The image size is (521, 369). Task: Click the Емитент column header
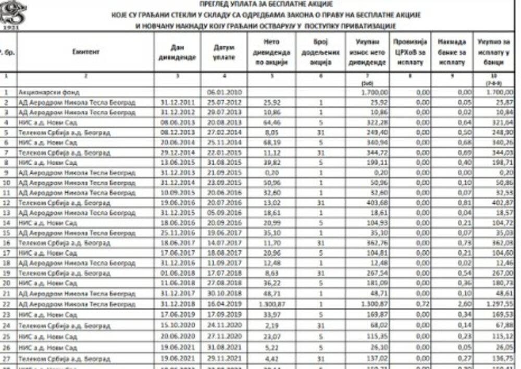(x=86, y=52)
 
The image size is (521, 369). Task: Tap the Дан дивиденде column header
(x=178, y=52)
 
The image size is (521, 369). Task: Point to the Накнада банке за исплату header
(x=452, y=52)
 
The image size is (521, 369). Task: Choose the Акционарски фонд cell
(x=49, y=92)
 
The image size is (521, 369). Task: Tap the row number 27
(x=7, y=359)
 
